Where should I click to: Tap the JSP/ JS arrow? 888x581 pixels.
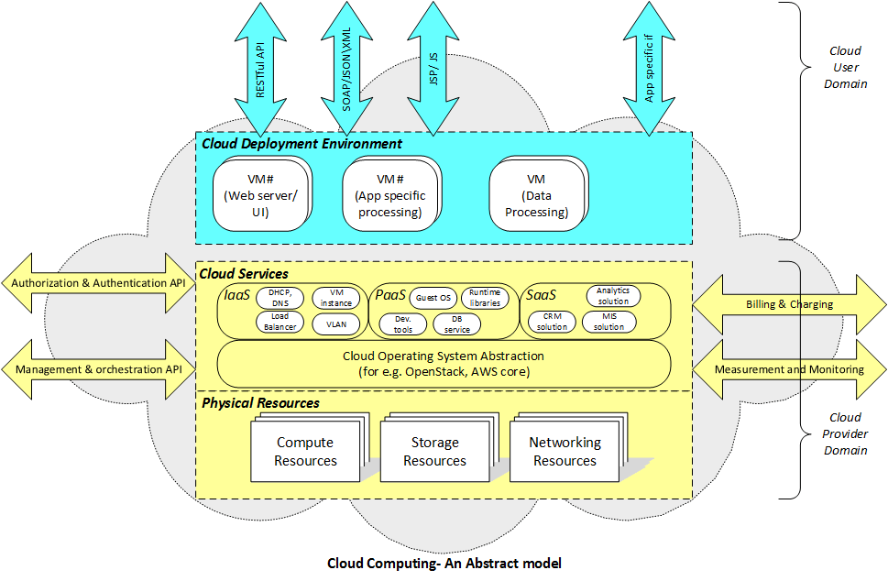(433, 69)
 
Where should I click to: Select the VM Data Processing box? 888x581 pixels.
(537, 195)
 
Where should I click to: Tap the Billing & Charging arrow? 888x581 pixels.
(788, 304)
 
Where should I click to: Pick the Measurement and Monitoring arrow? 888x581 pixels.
(788, 370)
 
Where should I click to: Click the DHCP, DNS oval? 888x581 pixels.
(280, 297)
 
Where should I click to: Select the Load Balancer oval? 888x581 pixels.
(280, 322)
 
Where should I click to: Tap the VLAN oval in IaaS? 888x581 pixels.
(336, 323)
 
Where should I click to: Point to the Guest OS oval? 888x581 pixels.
(433, 298)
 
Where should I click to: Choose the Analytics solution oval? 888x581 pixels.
(613, 296)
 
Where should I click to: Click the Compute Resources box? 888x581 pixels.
(305, 452)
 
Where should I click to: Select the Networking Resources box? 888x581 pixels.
(565, 452)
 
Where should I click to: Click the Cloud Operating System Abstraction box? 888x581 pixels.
(444, 364)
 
